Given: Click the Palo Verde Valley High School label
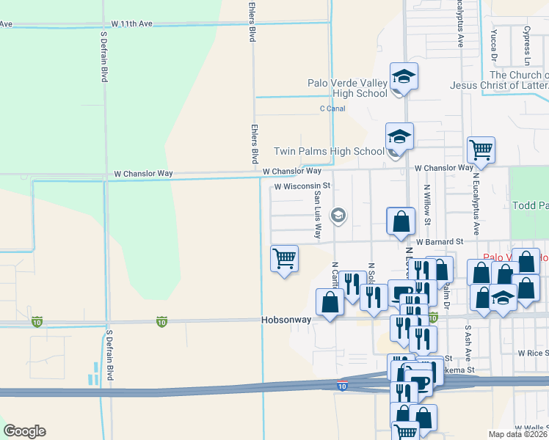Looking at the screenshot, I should pyautogui.click(x=347, y=88).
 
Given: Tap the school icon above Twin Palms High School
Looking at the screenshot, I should pyautogui.click(x=399, y=136).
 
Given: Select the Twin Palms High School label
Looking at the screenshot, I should pyautogui.click(x=329, y=152).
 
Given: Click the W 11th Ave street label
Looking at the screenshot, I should pyautogui.click(x=133, y=23).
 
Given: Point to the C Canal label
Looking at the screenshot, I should pyautogui.click(x=332, y=109).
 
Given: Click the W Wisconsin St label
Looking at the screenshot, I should pyautogui.click(x=303, y=186).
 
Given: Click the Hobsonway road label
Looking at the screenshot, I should pyautogui.click(x=286, y=320).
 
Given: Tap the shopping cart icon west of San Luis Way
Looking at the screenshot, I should pyautogui.click(x=284, y=258).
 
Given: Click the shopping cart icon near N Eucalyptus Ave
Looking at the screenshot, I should pyautogui.click(x=481, y=150).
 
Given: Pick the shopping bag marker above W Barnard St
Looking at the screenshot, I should pyautogui.click(x=401, y=221).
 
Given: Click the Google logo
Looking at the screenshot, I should pyautogui.click(x=24, y=431).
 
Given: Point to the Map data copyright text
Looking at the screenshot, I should pyautogui.click(x=518, y=434).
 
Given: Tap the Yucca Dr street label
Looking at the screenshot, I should pyautogui.click(x=494, y=44).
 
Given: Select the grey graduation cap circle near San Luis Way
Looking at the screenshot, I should pyautogui.click(x=338, y=215).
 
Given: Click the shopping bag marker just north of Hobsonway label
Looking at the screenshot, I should pyautogui.click(x=330, y=301).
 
